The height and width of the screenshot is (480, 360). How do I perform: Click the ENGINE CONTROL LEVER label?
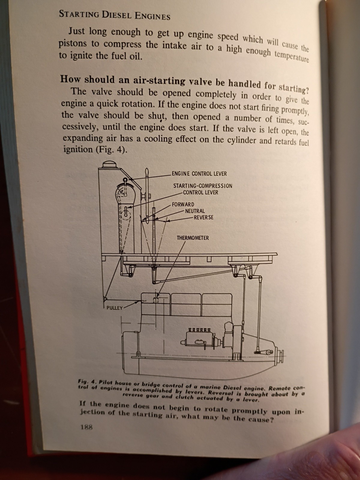click(x=199, y=174)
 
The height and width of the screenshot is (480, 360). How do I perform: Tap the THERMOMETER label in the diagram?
click(x=193, y=238)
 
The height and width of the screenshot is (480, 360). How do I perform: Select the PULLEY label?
click(x=115, y=308)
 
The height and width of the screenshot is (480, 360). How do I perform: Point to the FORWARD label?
click(x=183, y=205)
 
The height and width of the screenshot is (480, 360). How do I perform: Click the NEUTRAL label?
click(x=195, y=211)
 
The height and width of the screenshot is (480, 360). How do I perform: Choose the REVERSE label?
click(x=203, y=217)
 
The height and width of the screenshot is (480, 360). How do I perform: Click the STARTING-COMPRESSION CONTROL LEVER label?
click(x=202, y=189)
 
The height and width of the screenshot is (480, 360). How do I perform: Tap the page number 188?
click(x=87, y=427)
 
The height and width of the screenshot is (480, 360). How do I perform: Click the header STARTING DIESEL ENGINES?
click(x=115, y=15)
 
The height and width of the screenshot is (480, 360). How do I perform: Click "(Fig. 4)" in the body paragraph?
click(x=111, y=150)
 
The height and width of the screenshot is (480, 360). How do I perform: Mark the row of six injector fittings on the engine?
click(x=198, y=330)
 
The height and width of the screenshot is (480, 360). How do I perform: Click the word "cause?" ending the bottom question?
click(x=261, y=420)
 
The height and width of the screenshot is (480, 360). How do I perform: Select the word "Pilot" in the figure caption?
click(x=106, y=382)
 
